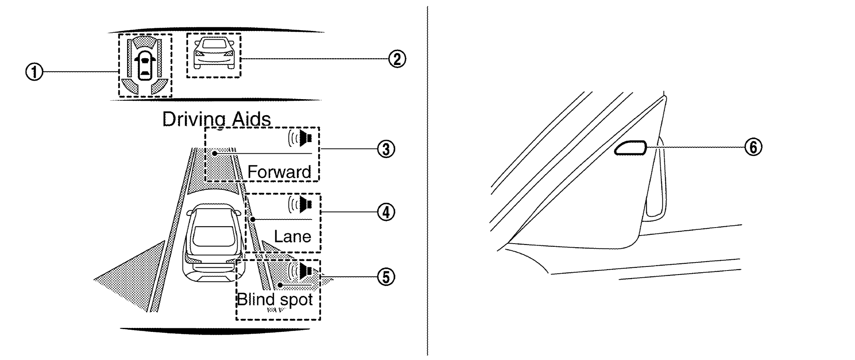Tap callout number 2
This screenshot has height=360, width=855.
tap(397, 59)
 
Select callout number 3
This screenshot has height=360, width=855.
tap(386, 149)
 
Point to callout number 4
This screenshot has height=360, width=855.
tap(386, 212)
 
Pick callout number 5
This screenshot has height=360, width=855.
tap(386, 277)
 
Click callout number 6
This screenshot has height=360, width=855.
tap(753, 147)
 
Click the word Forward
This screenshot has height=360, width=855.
tap(279, 172)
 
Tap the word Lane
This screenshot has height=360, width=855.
tap(292, 236)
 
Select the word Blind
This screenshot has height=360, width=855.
tap(256, 299)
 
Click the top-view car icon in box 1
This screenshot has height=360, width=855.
tap(145, 65)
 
